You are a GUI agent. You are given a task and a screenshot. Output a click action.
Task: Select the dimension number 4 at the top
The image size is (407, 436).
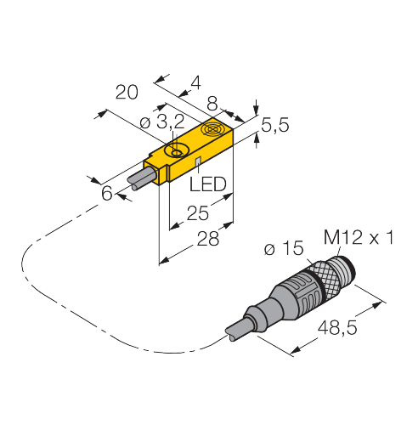(195, 83)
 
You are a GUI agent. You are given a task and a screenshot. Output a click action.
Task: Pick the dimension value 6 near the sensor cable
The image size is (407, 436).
(106, 193)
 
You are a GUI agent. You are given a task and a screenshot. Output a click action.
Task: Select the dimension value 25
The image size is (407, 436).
(199, 213)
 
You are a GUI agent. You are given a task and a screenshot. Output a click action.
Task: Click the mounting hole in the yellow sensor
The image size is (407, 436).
(177, 151)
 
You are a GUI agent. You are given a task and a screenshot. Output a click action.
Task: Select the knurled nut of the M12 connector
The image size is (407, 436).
(321, 276)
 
